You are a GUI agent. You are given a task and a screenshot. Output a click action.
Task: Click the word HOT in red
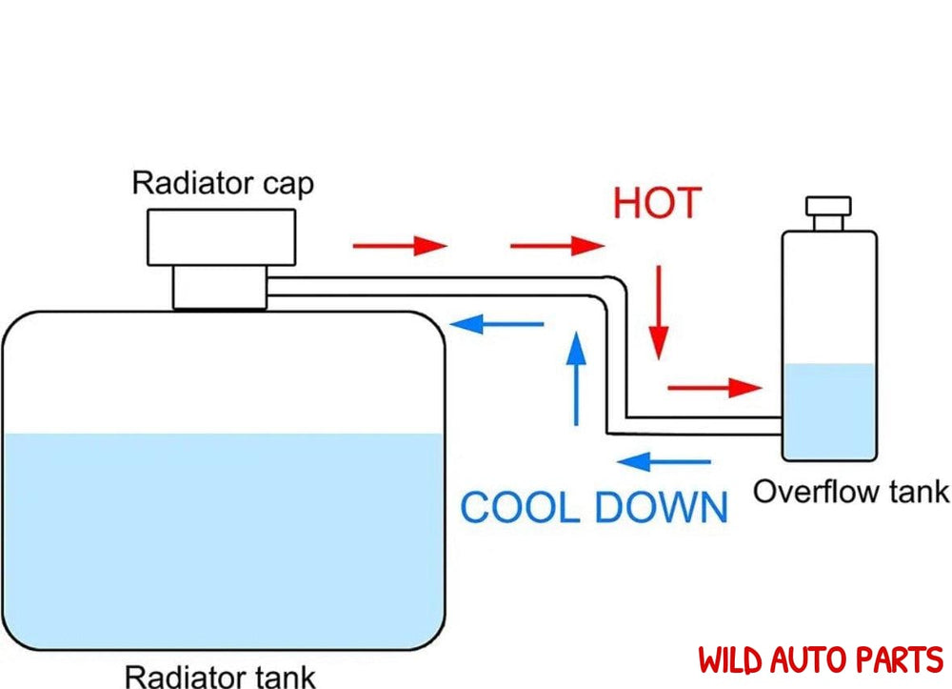pos(657,204)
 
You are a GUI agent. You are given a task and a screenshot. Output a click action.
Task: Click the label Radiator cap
pos(222,182)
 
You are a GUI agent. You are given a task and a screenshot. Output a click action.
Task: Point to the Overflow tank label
pos(850,492)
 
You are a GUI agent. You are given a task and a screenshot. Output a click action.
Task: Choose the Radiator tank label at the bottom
pos(220,676)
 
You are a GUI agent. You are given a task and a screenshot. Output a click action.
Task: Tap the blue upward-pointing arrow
pos(575,377)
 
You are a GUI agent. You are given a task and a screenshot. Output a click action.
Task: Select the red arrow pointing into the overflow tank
pos(715,388)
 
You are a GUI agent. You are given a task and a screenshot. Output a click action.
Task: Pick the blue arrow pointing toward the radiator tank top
pos(497,325)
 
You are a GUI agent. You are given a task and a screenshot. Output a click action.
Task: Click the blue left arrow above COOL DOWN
pos(664,463)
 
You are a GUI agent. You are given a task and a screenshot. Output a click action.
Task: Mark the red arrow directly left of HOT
pos(557,246)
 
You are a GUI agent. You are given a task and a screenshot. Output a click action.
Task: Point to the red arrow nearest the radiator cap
pos(399,246)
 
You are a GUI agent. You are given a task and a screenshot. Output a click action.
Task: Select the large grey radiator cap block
pos(222,236)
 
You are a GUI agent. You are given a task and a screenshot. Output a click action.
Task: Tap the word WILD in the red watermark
pos(737,659)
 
